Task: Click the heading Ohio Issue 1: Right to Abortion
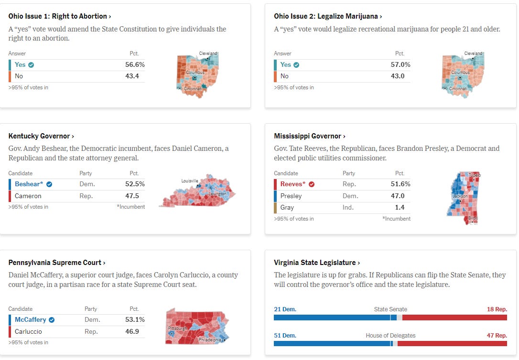pos(57,16)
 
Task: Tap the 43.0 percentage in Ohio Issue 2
pos(398,76)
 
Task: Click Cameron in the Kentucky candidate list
pos(28,196)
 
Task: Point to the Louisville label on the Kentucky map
pos(190,181)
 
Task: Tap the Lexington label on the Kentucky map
pos(218,193)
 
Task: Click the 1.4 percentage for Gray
pos(400,207)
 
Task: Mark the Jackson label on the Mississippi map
pos(460,196)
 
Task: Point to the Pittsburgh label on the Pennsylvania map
pos(177,329)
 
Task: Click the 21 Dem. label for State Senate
pos(285,309)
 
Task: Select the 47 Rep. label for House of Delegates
pos(497,336)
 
